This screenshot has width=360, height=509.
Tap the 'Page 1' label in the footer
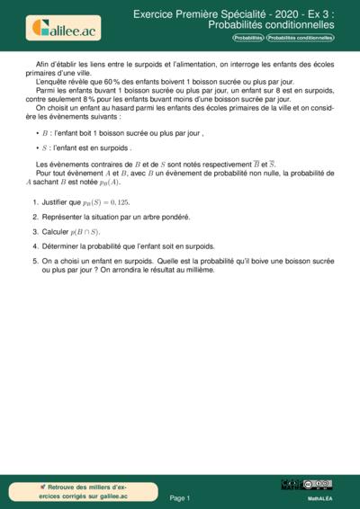tap(180, 497)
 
